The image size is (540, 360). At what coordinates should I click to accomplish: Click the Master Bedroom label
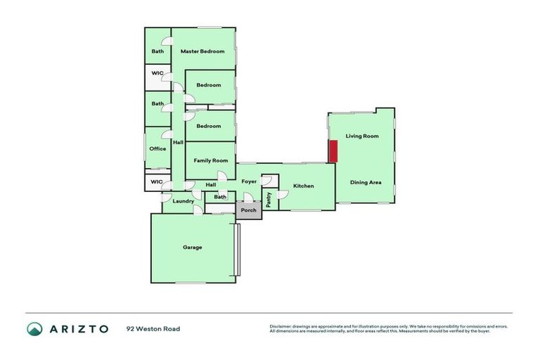[202, 51]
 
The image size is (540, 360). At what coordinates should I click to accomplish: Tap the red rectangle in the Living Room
[334, 151]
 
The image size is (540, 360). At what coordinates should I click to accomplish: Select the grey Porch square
[248, 210]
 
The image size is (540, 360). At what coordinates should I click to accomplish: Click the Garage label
[192, 247]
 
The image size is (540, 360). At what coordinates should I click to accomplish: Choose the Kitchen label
[303, 186]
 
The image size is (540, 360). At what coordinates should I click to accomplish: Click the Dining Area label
[366, 183]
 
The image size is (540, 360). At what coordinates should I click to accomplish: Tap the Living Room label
[362, 136]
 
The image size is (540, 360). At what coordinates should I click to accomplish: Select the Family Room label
[211, 161]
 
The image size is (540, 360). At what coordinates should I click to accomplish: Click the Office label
[157, 149]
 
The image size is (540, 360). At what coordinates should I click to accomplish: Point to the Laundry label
[183, 202]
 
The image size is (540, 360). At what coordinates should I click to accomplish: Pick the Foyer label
[249, 181]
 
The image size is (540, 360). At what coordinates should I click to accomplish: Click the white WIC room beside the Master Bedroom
[157, 74]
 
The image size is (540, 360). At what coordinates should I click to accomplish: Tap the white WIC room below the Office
[157, 182]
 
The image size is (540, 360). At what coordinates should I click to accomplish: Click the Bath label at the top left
[157, 51]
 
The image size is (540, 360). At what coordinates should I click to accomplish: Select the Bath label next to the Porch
[220, 198]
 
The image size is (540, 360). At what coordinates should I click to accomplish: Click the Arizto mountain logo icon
[34, 328]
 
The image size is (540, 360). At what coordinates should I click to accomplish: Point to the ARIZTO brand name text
[78, 328]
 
